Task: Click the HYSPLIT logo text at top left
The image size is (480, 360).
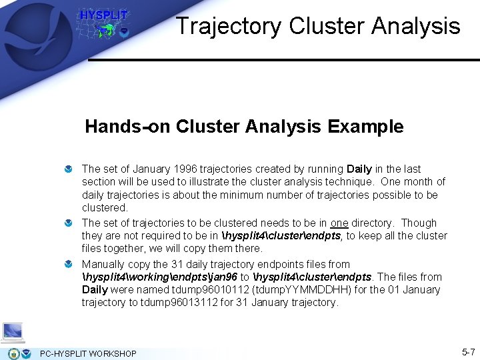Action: pos(103,15)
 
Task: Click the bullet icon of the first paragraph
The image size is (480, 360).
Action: pos(68,170)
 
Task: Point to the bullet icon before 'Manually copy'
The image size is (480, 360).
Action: pos(68,265)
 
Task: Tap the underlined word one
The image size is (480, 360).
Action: pos(339,223)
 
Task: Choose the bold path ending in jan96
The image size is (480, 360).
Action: pos(159,277)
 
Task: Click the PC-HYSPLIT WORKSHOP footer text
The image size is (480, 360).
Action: pos(88,353)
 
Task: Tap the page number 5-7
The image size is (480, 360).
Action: pos(468,351)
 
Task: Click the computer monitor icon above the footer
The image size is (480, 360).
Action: pos(13,331)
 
